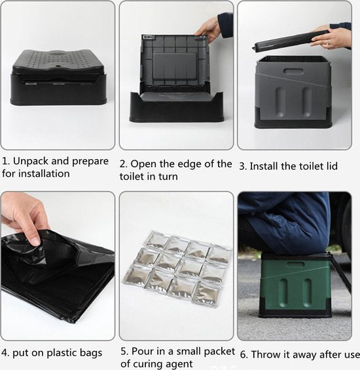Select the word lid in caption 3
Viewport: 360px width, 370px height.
(x=331, y=166)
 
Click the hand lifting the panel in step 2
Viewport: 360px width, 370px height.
(x=209, y=29)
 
